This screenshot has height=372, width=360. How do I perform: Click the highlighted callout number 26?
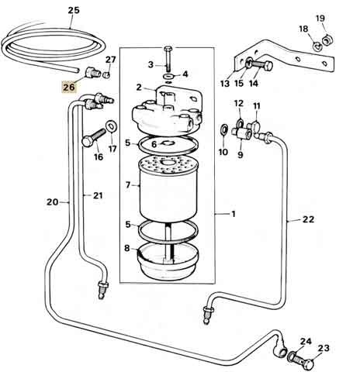tap(69, 87)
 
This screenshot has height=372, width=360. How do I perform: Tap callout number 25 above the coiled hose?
tap(74, 10)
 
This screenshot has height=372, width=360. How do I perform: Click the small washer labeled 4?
tap(168, 77)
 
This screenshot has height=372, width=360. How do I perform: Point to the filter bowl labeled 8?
tap(168, 261)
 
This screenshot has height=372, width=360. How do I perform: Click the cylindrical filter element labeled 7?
tap(168, 191)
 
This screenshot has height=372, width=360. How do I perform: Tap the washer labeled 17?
tap(112, 126)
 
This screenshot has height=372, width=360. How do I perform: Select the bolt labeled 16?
tap(93, 138)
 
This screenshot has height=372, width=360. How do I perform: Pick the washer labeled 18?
tap(317, 46)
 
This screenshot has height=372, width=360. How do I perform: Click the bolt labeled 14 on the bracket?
tap(261, 64)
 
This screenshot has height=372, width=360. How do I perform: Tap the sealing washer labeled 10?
tap(224, 129)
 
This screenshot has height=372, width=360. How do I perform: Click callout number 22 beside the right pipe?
tap(308, 219)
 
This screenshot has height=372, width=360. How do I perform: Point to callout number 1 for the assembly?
tap(234, 214)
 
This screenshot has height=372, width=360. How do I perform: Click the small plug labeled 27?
tap(106, 75)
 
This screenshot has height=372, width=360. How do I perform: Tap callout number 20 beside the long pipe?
tap(52, 202)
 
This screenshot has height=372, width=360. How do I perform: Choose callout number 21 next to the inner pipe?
tap(98, 195)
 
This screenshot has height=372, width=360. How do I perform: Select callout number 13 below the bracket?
tap(225, 84)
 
